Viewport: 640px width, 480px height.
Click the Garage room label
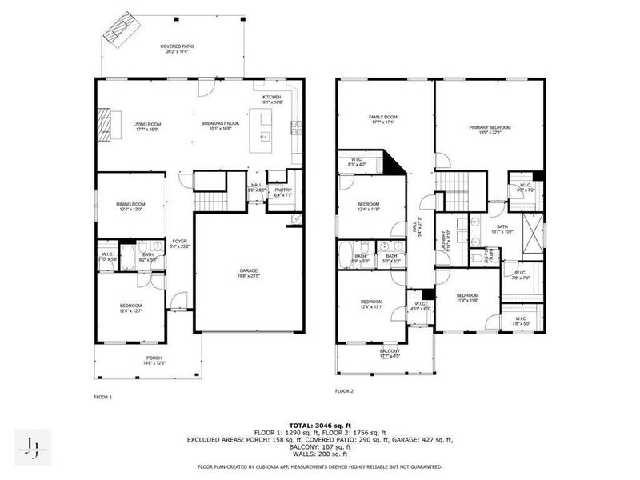249,272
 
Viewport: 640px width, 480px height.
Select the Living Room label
147,126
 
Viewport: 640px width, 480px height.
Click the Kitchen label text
272,99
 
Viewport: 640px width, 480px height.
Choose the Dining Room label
130,206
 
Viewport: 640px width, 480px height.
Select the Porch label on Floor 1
154,360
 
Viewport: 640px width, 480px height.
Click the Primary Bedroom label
490,129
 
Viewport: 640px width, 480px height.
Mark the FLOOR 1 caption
103,397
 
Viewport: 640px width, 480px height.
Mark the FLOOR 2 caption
345,391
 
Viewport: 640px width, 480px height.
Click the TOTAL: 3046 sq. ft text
320,425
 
